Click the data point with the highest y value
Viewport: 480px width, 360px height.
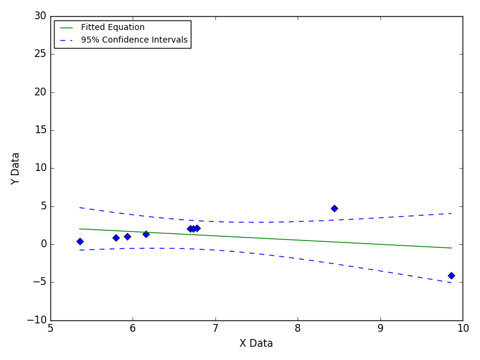pos(334,208)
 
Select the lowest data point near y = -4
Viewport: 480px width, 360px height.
pos(451,275)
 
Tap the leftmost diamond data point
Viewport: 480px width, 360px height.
pos(80,242)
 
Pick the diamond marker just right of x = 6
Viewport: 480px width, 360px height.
pos(146,234)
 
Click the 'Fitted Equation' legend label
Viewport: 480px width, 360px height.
pos(113,27)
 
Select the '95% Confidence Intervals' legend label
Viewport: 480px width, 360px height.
pos(134,40)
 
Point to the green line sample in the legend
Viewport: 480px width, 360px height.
pos(67,28)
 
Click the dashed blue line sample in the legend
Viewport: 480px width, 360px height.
pos(67,40)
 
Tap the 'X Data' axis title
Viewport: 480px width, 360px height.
pos(256,343)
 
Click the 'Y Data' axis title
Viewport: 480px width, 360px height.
pos(15,169)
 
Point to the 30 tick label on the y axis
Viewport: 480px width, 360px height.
pos(40,16)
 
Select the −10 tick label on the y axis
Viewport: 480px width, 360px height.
pos(37,320)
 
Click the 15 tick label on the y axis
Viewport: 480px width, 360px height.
pos(40,130)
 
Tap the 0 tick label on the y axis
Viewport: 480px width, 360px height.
pos(44,244)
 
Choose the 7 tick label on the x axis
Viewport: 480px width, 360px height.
pos(215,328)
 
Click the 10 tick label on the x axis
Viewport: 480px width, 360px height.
pos(463,328)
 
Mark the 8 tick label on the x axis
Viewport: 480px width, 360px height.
pos(298,328)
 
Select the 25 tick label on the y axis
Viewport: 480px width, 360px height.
pos(40,54)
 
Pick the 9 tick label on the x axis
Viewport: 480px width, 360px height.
pos(380,328)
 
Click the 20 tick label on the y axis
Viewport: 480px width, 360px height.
pos(40,92)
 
